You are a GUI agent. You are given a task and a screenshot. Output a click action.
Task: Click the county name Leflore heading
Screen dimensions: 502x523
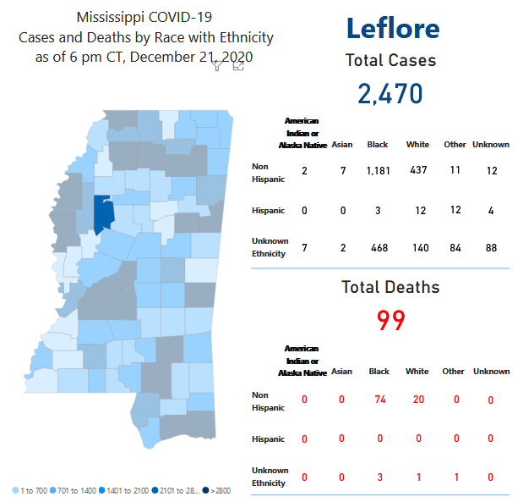(392, 28)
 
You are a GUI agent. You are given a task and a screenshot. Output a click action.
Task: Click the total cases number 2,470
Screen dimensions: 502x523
(390, 93)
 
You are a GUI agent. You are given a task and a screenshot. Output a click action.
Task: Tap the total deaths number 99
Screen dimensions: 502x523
(391, 320)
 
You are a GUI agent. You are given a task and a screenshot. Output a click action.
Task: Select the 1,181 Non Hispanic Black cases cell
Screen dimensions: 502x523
(377, 171)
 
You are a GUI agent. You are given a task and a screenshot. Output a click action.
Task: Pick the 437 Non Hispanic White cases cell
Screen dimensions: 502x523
(417, 171)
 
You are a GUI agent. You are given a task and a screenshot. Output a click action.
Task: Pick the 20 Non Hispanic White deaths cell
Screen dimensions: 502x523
(417, 400)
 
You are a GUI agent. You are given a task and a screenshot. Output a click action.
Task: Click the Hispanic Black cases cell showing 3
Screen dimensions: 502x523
(378, 210)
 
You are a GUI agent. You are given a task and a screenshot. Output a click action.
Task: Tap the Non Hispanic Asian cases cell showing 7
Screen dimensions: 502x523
(343, 171)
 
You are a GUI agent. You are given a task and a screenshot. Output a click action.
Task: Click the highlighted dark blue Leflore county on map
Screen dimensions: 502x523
(103, 215)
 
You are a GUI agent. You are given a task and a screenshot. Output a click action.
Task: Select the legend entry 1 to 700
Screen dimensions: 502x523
(33, 490)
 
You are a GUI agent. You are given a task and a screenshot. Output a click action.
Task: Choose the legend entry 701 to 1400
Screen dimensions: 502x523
(79, 490)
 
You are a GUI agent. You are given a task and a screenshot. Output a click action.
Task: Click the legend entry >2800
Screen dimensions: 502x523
(218, 490)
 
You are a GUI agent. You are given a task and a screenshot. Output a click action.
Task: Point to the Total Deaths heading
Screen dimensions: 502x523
(390, 287)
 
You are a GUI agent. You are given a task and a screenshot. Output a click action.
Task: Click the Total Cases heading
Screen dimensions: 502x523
(390, 60)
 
